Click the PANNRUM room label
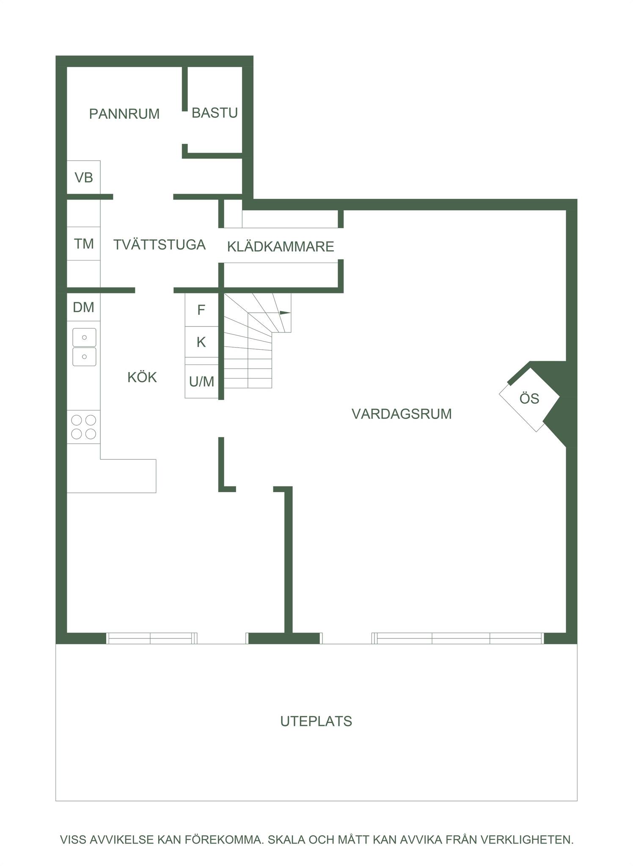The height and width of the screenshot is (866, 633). coord(124,114)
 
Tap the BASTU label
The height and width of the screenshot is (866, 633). coord(215,113)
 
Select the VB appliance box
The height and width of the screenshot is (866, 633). coord(84,177)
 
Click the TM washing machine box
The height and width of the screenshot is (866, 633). coord(84,244)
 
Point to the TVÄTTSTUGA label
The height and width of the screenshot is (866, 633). coord(160,244)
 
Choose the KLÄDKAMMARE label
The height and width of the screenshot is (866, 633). coord(281,247)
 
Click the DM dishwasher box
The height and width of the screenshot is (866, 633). coord(84,307)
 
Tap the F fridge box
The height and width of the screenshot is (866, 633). coord(201,310)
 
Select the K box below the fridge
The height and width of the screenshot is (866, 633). coord(201,342)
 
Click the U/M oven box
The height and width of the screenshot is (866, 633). coord(201,381)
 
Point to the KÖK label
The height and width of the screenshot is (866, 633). coord(142,377)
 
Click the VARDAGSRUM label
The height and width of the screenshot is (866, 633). coord(402,414)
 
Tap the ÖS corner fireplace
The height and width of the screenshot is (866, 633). coord(529,399)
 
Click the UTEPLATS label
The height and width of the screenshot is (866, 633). coord(316,721)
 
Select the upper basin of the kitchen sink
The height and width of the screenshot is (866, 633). coord(84,337)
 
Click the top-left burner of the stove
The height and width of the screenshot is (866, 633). coord(77,420)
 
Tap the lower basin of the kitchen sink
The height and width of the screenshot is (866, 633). coord(84,356)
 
